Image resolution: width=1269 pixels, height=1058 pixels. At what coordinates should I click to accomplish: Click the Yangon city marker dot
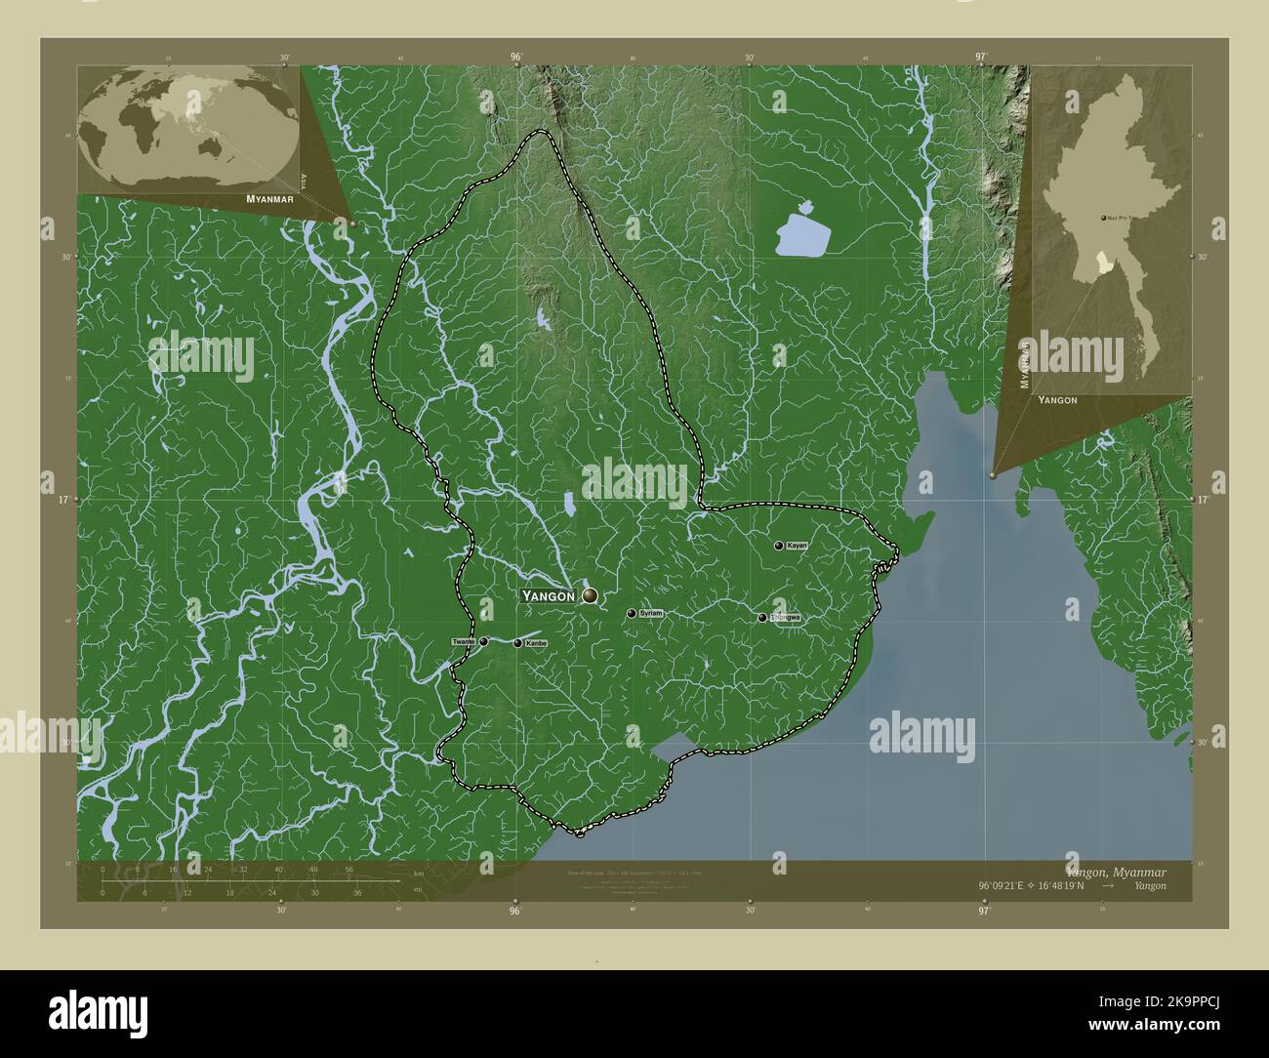pos(590,595)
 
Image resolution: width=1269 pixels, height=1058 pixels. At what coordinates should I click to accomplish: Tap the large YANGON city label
pos(551,595)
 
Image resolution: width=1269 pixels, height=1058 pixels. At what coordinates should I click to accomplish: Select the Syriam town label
pos(651,614)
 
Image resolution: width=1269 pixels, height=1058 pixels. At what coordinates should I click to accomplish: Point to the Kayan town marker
pos(778,547)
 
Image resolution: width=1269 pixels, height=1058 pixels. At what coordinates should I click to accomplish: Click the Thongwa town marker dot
pos(762,618)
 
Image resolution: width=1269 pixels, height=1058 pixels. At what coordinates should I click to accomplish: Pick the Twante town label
pos(464,642)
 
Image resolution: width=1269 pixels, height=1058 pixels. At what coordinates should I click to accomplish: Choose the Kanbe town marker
pos(517,643)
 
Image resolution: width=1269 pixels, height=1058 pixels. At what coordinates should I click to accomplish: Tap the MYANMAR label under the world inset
pos(270,198)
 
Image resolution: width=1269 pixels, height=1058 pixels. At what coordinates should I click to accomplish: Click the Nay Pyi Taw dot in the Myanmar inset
pos(1103,219)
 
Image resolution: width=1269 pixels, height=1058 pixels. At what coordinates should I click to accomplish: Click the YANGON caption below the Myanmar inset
pos(1057,400)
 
